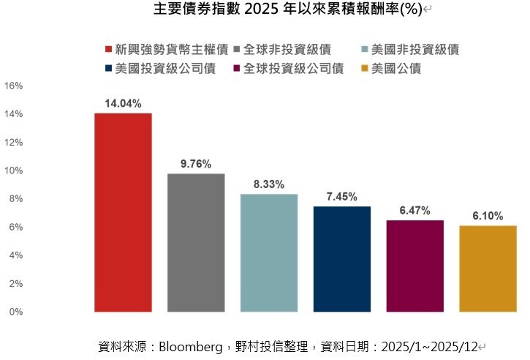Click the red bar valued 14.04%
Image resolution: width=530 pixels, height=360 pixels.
pos(123,212)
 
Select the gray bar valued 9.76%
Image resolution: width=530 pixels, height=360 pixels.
pos(196,242)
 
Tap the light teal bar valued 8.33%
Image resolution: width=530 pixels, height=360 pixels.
pos(269,252)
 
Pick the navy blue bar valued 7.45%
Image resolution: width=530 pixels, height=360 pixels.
pos(342,259)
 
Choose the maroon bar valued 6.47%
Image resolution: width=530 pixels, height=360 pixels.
pos(414,266)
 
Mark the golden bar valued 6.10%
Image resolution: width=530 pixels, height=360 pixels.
pos(488,269)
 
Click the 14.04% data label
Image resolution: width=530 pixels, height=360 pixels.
pos(123,104)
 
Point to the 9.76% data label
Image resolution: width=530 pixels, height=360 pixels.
pos(196,164)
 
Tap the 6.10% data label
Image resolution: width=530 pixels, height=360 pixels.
pos(487,216)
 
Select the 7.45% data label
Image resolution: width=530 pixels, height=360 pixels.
pos(342,197)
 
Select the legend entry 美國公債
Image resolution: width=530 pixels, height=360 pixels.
pos(395,69)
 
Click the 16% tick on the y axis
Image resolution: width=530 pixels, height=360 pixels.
pos(14,86)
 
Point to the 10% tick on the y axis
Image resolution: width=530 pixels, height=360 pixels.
pos(14,170)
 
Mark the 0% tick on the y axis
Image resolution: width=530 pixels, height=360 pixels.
pos(16,312)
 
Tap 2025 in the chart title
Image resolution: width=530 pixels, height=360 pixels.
pos(260,10)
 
